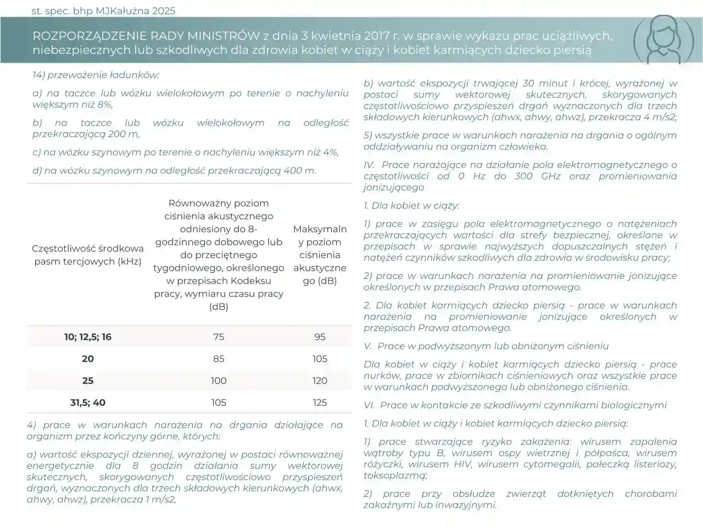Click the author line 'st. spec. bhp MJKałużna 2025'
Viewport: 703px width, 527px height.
click(x=104, y=10)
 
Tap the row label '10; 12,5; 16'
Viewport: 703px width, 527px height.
click(x=88, y=337)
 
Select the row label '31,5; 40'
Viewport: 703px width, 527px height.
click(x=88, y=402)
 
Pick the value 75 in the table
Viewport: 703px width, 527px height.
click(x=219, y=337)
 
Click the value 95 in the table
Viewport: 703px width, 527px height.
click(x=320, y=337)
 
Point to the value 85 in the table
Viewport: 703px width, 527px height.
click(x=219, y=358)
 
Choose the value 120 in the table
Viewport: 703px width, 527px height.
click(x=320, y=380)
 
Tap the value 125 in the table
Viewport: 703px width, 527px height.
click(x=320, y=402)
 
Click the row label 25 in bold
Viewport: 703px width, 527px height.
click(x=88, y=380)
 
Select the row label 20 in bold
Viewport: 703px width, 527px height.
click(x=88, y=358)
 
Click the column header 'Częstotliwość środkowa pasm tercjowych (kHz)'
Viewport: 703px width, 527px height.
click(x=88, y=255)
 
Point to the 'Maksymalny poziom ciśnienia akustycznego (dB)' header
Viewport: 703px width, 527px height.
click(x=320, y=255)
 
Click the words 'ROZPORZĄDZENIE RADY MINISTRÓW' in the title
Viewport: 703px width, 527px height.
click(x=146, y=36)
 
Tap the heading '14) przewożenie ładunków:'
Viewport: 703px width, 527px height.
click(x=96, y=75)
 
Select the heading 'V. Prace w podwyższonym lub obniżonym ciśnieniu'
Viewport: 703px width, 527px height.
click(x=486, y=346)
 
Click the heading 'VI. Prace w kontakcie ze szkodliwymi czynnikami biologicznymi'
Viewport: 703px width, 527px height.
click(x=515, y=405)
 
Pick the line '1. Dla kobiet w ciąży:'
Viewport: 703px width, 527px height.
click(x=411, y=206)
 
